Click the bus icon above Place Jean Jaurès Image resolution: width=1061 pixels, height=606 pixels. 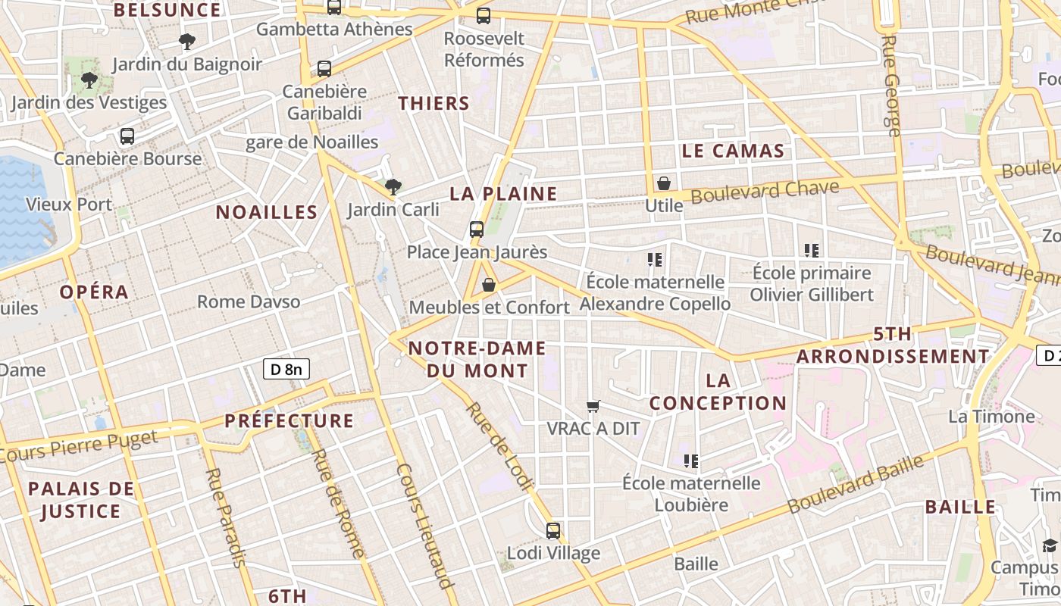477,229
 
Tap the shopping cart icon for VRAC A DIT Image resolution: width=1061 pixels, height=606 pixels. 593,407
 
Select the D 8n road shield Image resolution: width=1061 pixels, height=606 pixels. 286,370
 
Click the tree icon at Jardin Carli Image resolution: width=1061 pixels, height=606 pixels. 393,186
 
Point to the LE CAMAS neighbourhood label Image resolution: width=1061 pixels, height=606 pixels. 733,151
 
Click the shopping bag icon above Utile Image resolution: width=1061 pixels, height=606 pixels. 664,183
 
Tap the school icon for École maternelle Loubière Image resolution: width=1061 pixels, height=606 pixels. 690,461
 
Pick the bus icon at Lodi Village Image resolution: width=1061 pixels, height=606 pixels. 553,530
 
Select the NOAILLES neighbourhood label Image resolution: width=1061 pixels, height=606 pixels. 267,212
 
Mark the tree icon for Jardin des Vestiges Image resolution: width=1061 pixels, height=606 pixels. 89,80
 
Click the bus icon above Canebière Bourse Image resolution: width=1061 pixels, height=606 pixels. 127,136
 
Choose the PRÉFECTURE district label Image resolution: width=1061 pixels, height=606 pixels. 290,421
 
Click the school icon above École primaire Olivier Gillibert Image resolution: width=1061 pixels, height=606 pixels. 812,251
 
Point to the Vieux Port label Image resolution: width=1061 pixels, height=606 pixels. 69,205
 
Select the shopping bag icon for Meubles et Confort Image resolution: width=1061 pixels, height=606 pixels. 489,285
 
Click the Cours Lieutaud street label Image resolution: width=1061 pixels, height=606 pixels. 424,526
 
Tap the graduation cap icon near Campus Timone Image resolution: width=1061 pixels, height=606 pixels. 1050,545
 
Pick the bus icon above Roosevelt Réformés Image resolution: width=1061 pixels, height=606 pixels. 484,15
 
